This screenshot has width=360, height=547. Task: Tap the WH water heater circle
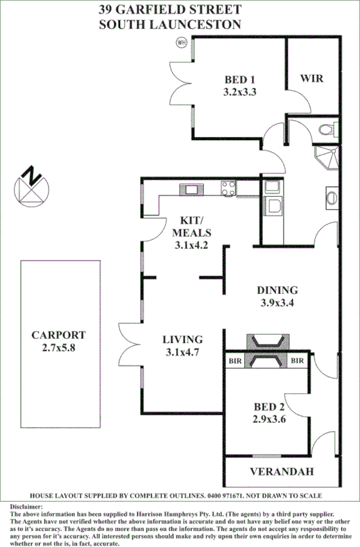[183, 42]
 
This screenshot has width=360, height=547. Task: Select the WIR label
[311, 78]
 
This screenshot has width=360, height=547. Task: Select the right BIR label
[298, 361]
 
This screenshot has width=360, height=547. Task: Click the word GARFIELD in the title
[155, 9]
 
